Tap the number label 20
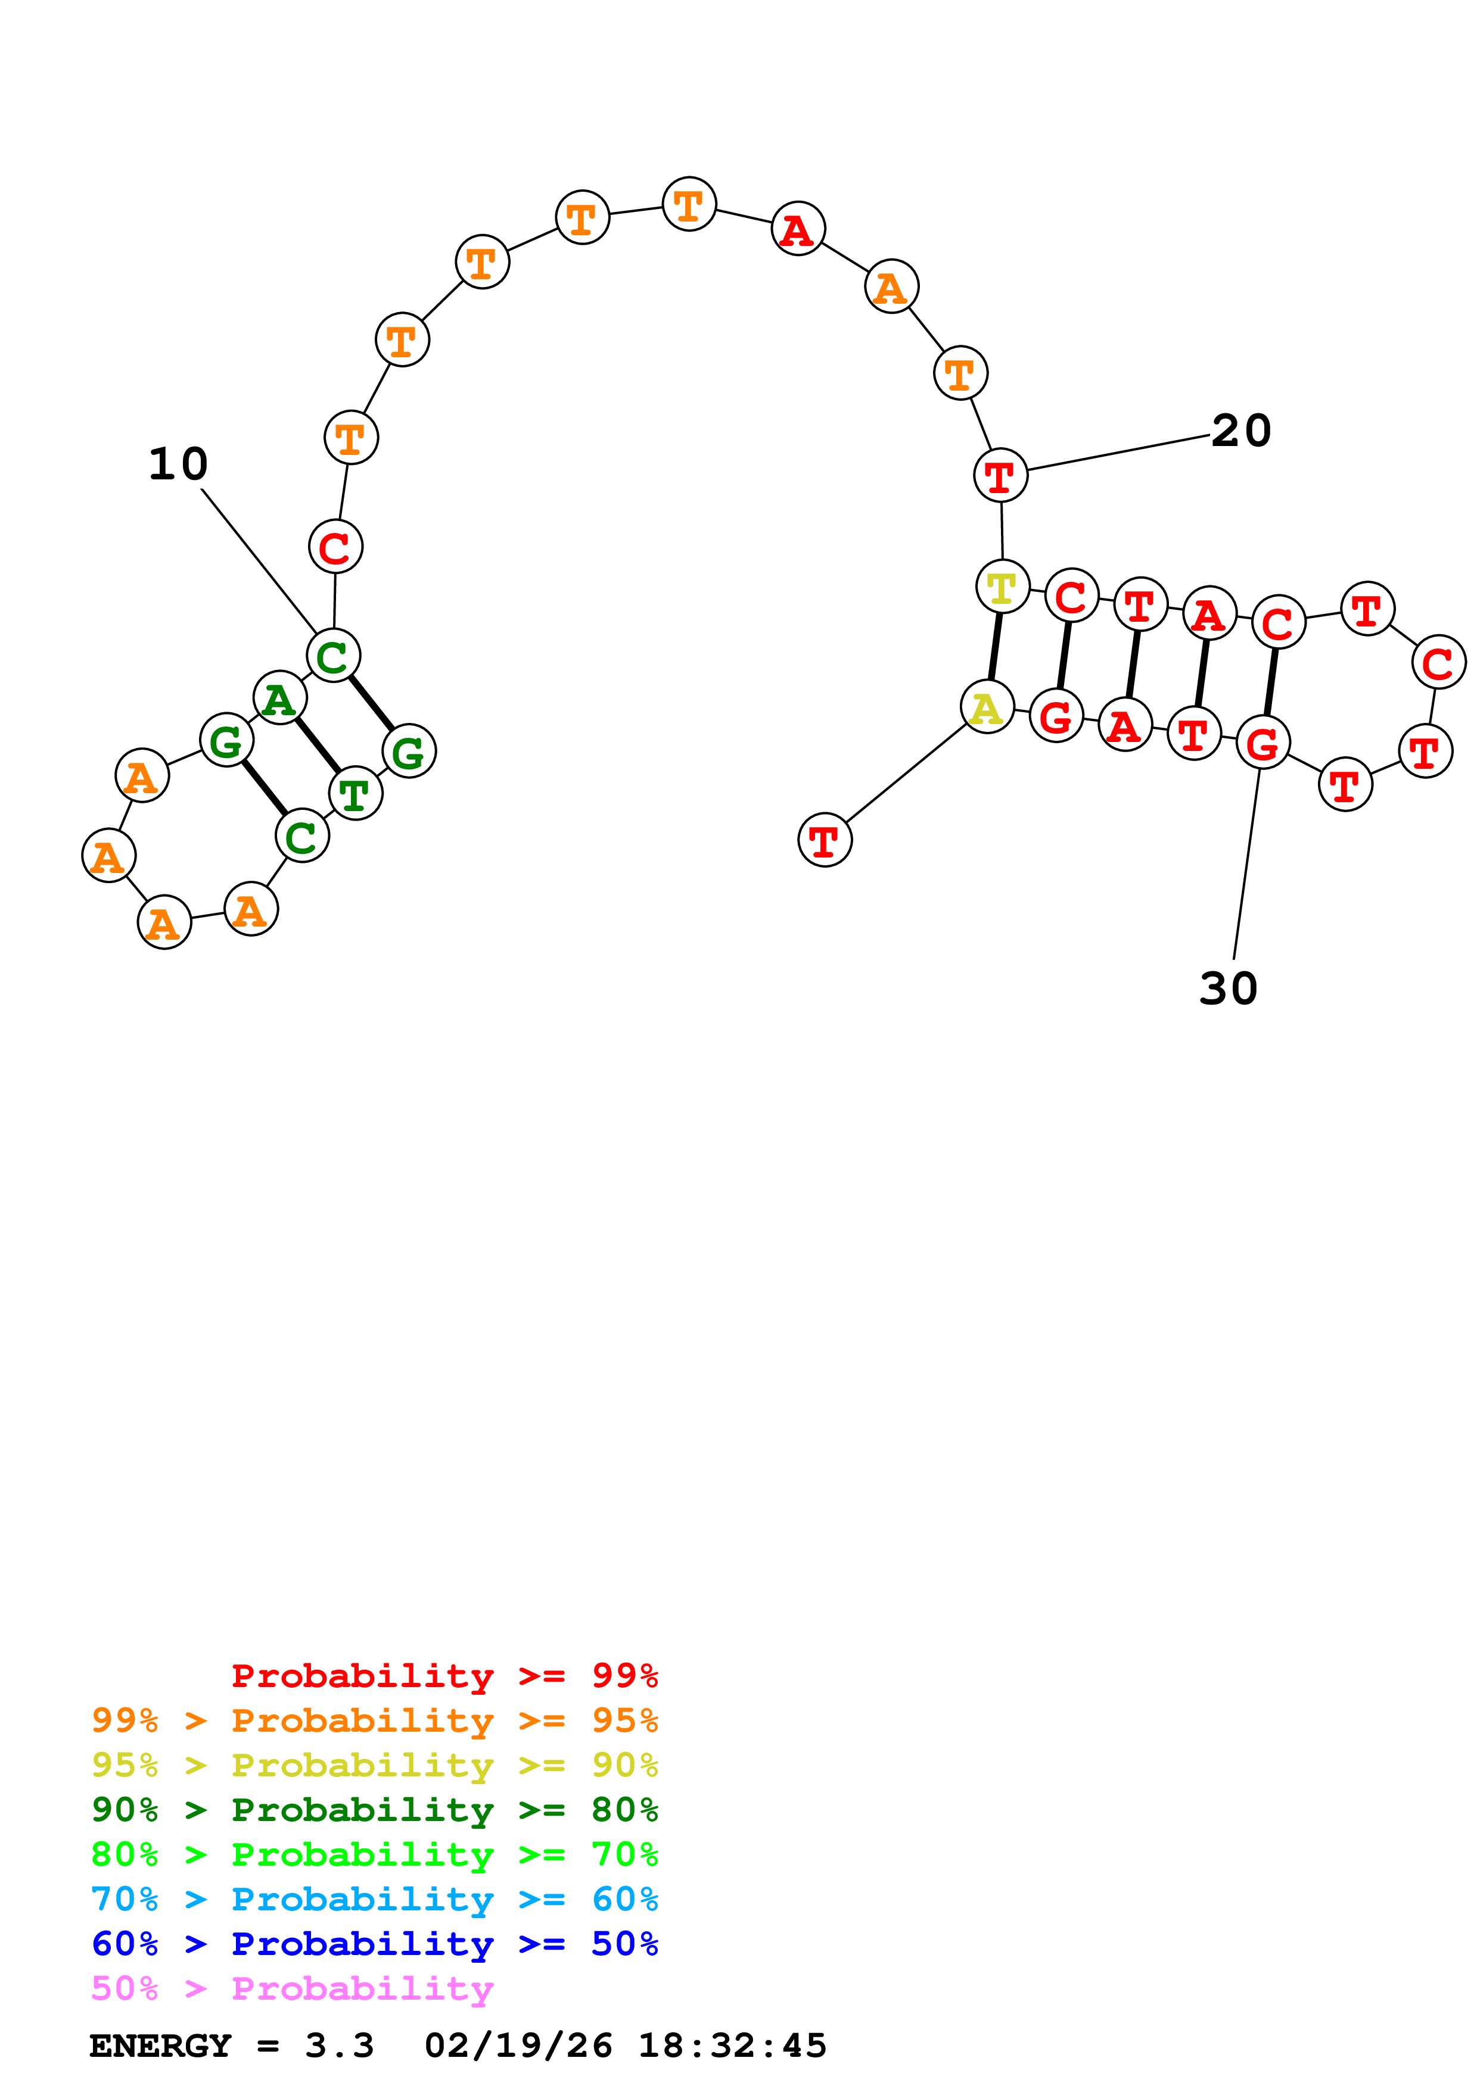(1240, 431)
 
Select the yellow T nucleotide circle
(1002, 587)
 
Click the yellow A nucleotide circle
(987, 707)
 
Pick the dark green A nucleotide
(279, 698)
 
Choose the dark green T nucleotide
(355, 793)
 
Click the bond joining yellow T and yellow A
(994, 647)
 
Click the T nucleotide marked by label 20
(1000, 475)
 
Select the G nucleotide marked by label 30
(1263, 743)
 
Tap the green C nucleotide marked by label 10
(333, 655)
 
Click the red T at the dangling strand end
(825, 840)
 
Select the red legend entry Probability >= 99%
(444, 1676)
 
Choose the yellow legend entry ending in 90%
(374, 1765)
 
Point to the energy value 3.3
(338, 2046)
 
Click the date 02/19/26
(518, 2046)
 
